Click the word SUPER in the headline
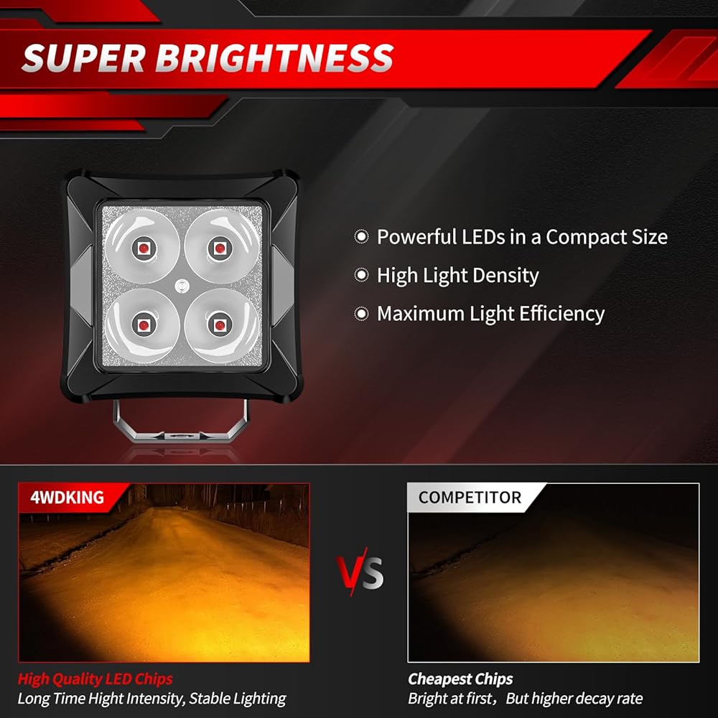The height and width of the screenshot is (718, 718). click(x=83, y=58)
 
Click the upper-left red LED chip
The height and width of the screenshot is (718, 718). click(x=144, y=248)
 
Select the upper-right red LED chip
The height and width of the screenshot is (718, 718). click(x=220, y=248)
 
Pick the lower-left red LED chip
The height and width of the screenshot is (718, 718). click(x=144, y=325)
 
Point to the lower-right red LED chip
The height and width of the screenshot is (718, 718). click(x=220, y=325)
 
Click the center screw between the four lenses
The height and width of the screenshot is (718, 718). click(x=182, y=286)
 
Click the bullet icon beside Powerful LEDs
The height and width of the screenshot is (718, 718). click(x=361, y=237)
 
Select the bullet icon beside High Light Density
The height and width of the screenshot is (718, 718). click(x=361, y=275)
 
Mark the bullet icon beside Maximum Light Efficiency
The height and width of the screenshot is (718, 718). click(x=361, y=314)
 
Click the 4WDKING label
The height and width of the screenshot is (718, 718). click(x=67, y=498)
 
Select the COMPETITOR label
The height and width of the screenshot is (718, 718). click(x=470, y=498)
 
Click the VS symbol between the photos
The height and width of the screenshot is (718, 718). click(x=360, y=572)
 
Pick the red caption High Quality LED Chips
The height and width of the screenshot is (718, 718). click(x=95, y=679)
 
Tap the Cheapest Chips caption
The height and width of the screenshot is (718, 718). click(x=460, y=679)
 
